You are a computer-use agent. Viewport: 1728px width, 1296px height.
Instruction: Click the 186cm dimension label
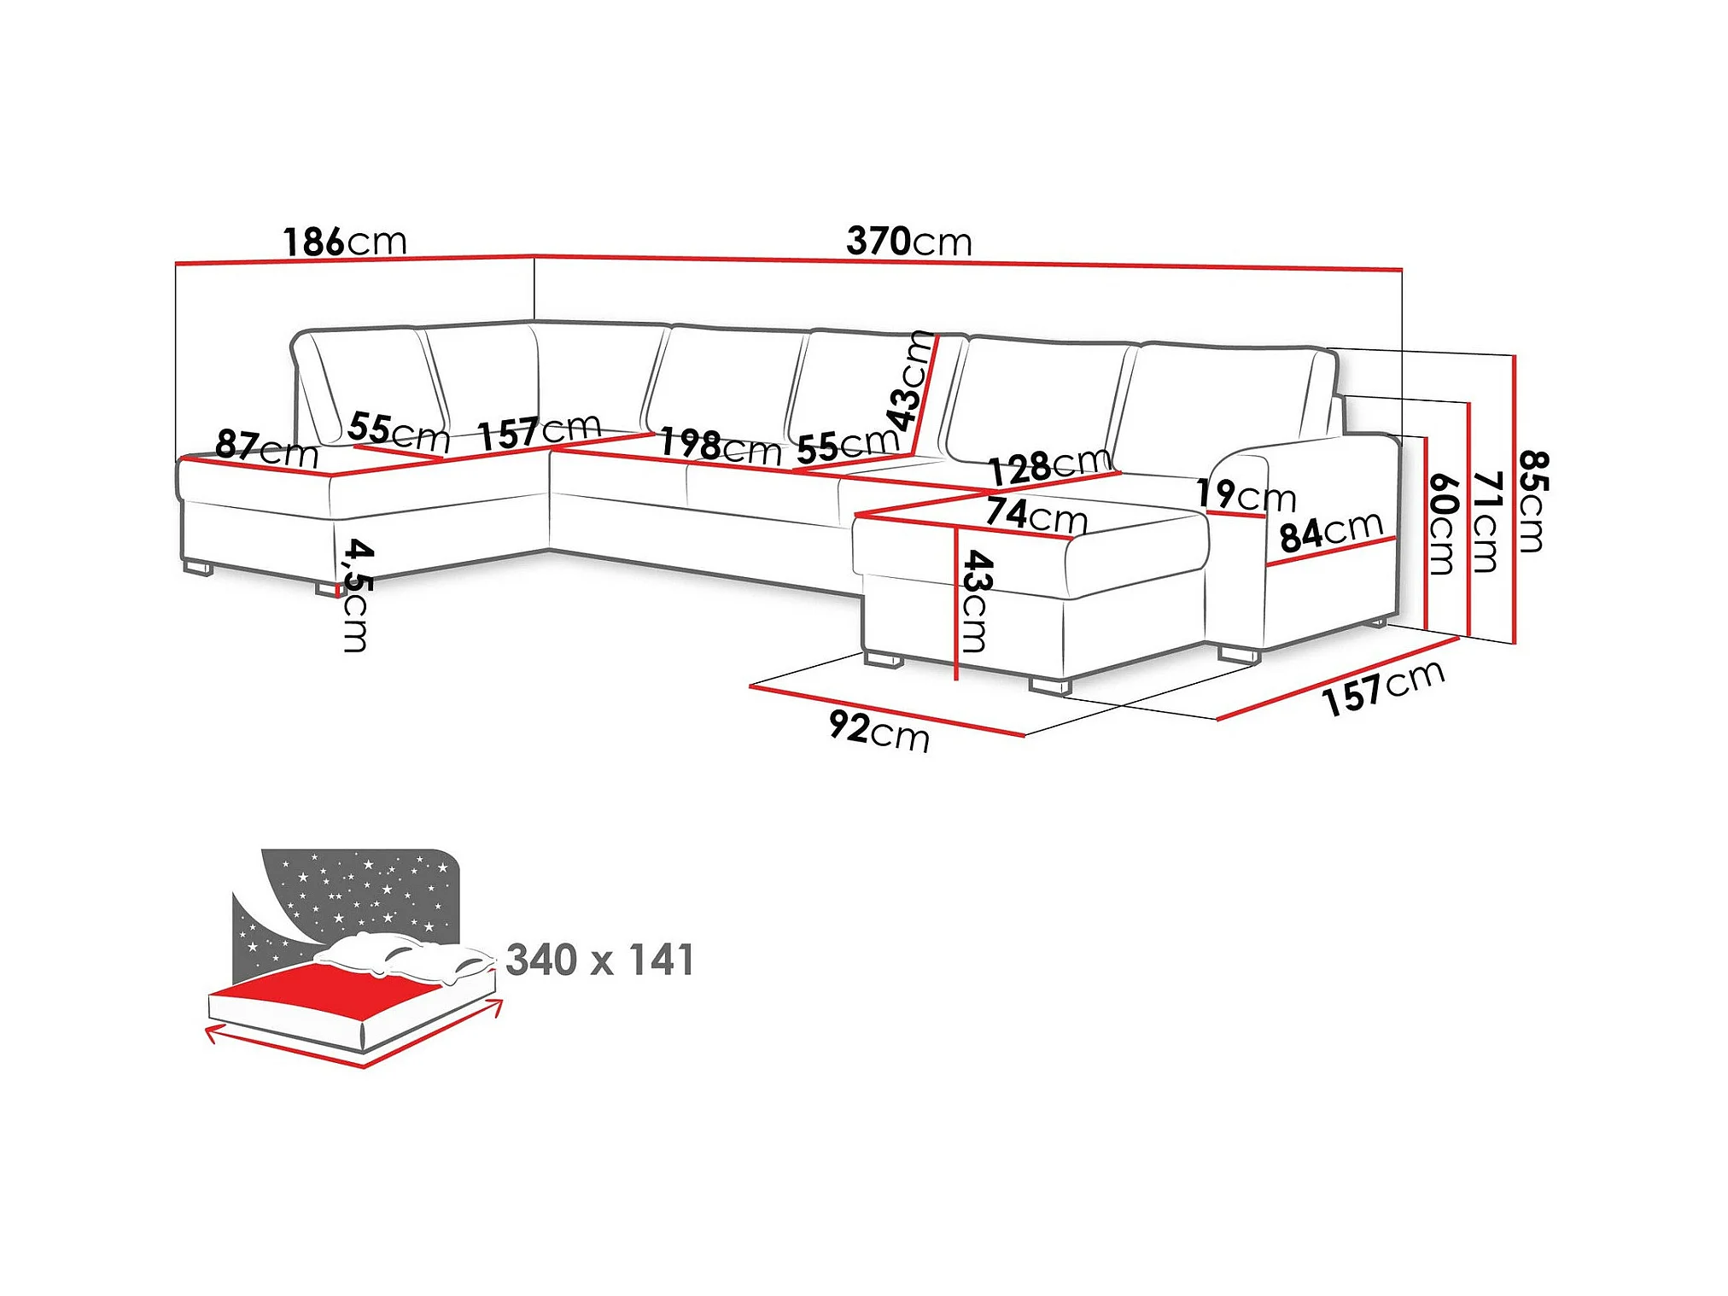(x=345, y=242)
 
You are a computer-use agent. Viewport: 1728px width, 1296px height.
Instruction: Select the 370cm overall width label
(x=909, y=242)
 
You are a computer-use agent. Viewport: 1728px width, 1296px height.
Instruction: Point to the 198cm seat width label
(x=721, y=447)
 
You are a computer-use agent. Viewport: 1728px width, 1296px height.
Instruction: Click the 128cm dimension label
(x=1050, y=466)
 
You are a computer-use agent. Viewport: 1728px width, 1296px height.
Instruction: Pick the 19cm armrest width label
(x=1246, y=494)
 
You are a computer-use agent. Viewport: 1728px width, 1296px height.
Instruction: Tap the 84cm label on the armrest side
(x=1331, y=532)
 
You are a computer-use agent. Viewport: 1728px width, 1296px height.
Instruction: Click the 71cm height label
(x=1486, y=522)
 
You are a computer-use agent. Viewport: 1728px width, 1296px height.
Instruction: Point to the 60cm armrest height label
(x=1441, y=524)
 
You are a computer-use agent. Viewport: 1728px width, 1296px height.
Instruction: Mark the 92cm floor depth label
(x=879, y=732)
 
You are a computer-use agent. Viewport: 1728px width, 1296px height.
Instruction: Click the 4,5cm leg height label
(x=356, y=595)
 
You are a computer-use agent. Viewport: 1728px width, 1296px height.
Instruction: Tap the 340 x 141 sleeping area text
(x=600, y=960)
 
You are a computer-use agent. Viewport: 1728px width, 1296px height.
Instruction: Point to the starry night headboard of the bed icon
(x=346, y=905)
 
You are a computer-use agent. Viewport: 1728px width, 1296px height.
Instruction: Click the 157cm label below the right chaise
(x=1383, y=688)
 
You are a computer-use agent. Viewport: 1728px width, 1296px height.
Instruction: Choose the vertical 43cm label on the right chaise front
(x=975, y=601)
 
